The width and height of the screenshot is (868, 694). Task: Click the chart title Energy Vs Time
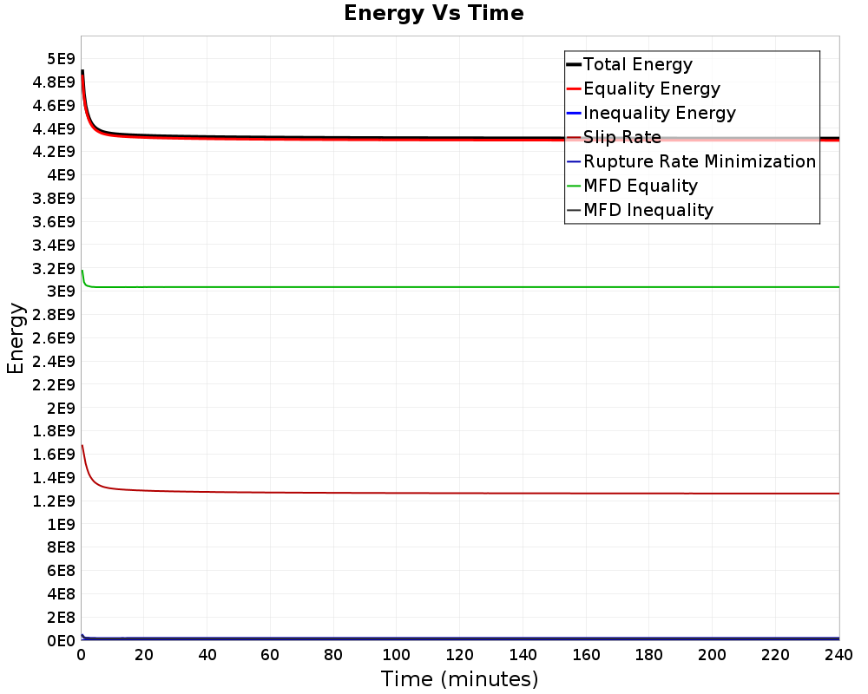[x=433, y=13]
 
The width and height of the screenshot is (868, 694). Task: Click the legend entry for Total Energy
[x=629, y=64]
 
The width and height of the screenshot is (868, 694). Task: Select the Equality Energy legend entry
[x=643, y=88]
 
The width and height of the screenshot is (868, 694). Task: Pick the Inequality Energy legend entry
[x=651, y=113]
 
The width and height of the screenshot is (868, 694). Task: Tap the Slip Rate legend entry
[x=614, y=137]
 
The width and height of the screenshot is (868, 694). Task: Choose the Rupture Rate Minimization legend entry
[x=692, y=161]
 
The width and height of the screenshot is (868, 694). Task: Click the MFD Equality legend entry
[x=632, y=186]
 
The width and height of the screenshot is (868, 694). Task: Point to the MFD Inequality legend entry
[x=640, y=210]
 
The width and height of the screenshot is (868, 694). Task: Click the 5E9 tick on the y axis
[x=61, y=59]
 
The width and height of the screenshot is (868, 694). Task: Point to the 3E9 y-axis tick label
[x=61, y=291]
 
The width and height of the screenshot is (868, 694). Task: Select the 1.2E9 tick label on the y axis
[x=54, y=501]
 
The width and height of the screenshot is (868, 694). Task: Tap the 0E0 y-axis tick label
[x=61, y=641]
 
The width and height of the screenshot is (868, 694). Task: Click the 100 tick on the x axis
[x=397, y=655]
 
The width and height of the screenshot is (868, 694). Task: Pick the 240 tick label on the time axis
[x=839, y=655]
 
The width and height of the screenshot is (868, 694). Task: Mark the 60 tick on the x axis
[x=270, y=655]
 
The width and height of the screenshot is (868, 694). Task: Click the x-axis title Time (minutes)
[x=459, y=679]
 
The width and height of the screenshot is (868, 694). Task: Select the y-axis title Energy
[x=16, y=338]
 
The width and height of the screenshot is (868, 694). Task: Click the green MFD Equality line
[x=461, y=287]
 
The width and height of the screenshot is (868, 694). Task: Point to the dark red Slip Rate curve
[x=461, y=493]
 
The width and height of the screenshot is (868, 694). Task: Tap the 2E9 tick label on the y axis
[x=61, y=409]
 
